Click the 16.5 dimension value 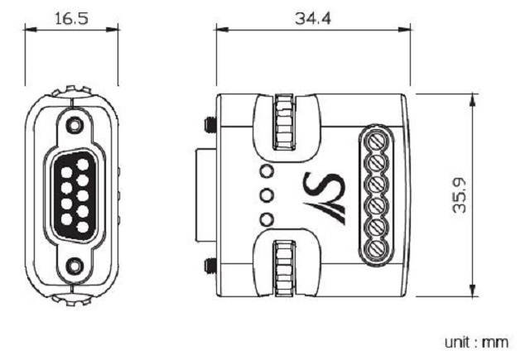coord(70,17)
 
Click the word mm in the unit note coord(499,341)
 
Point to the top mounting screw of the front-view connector coord(74,125)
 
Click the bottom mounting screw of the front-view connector coord(74,266)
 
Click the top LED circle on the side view coord(267,172)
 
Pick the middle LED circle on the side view coord(267,195)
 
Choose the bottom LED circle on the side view coord(267,219)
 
